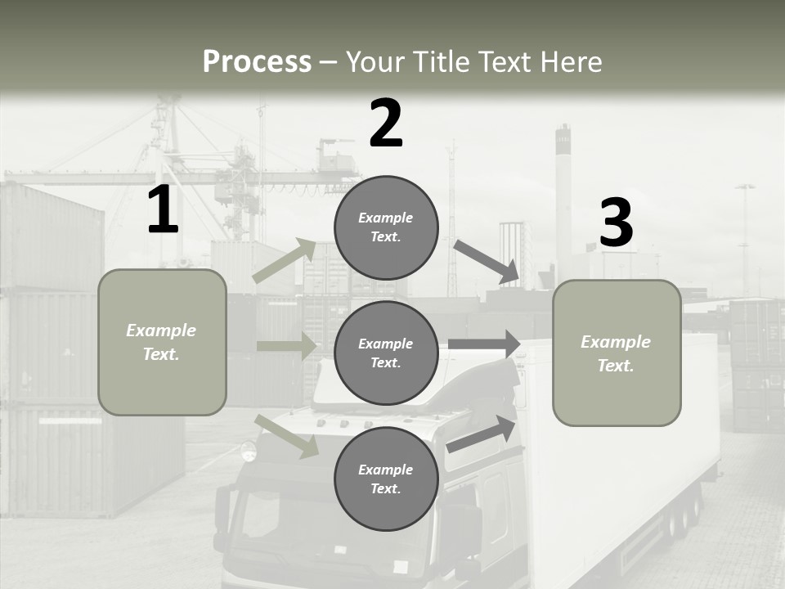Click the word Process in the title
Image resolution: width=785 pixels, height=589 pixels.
click(x=257, y=62)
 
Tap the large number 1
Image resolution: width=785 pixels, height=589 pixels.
click(x=163, y=211)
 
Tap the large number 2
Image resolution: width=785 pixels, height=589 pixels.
click(x=386, y=124)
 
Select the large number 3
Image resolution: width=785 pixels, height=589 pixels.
click(x=616, y=223)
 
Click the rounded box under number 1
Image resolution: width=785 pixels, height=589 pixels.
click(x=162, y=342)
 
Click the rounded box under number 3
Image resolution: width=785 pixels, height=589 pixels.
click(x=617, y=353)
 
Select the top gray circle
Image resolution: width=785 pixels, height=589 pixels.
click(x=386, y=227)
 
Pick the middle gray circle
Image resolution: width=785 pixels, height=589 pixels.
click(x=386, y=353)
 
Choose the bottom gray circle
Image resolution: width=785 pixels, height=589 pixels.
click(x=386, y=479)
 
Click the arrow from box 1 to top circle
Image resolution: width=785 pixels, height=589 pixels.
click(x=285, y=261)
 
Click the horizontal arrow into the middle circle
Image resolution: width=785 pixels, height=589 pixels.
click(x=286, y=346)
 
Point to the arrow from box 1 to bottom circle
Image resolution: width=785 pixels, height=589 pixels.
click(x=286, y=436)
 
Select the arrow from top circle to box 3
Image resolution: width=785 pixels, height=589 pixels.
click(x=486, y=261)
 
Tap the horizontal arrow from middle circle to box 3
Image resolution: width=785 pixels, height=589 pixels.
click(x=484, y=344)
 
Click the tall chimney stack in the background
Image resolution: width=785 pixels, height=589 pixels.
click(x=563, y=196)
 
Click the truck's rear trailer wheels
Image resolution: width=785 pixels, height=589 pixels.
click(x=685, y=515)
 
